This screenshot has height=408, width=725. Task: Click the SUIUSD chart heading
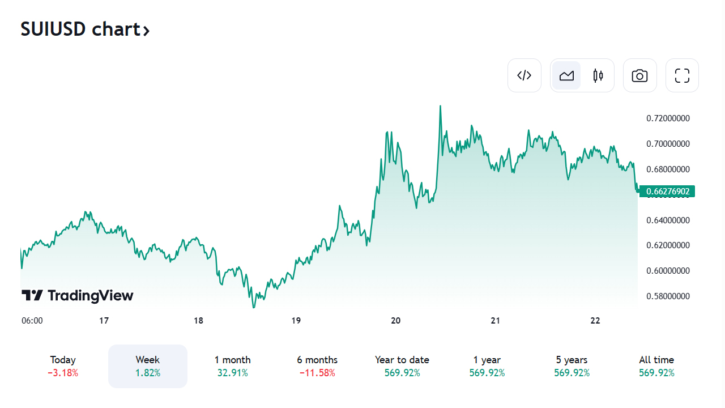(x=85, y=29)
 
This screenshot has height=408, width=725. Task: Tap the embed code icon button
(x=524, y=75)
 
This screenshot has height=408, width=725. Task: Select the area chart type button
(x=566, y=75)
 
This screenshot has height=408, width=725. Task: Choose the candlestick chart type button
(x=598, y=75)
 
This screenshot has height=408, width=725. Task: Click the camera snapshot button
(x=639, y=75)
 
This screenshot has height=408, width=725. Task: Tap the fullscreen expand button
(x=682, y=75)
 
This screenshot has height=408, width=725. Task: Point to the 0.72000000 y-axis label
(x=668, y=118)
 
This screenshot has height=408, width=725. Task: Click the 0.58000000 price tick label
(x=668, y=296)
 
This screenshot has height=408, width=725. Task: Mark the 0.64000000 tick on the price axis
(x=668, y=220)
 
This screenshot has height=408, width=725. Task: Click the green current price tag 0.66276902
(x=667, y=192)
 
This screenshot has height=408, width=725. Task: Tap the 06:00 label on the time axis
(x=32, y=321)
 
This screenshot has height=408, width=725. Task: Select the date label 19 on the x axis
(x=296, y=321)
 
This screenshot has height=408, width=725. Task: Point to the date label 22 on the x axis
(x=595, y=321)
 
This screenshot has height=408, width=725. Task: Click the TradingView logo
(x=78, y=295)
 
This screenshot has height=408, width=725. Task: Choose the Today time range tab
(x=63, y=366)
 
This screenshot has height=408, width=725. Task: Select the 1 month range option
(x=232, y=366)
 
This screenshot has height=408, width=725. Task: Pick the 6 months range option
(x=317, y=366)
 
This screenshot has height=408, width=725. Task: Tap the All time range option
(x=656, y=366)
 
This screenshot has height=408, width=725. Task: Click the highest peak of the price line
(x=440, y=106)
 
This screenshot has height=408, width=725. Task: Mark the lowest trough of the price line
(x=253, y=307)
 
